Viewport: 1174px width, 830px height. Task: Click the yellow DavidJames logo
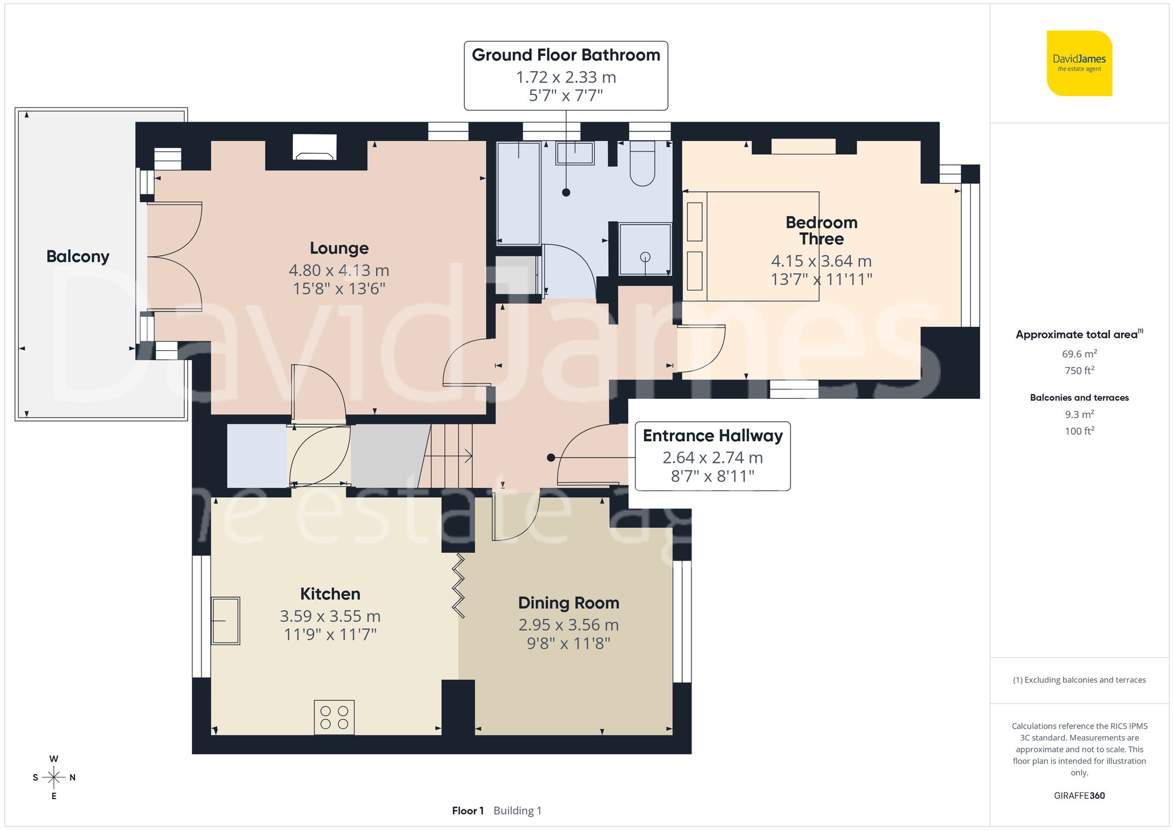click(x=1079, y=63)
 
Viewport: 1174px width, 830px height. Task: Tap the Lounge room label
click(x=339, y=248)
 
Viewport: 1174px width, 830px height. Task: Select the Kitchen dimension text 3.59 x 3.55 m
click(x=330, y=616)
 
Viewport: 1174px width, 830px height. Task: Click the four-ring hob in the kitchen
click(x=334, y=717)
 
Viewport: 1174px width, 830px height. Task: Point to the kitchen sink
click(x=225, y=621)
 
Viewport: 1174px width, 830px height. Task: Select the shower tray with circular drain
click(x=645, y=249)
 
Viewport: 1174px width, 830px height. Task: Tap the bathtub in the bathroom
click(x=518, y=194)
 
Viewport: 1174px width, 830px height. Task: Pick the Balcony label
click(x=77, y=256)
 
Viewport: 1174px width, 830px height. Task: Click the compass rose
click(x=53, y=778)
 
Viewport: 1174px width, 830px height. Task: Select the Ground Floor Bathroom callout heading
click(x=566, y=55)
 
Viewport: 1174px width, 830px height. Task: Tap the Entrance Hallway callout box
click(x=713, y=456)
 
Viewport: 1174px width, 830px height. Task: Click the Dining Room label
click(x=568, y=603)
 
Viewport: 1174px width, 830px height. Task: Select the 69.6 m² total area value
click(x=1079, y=354)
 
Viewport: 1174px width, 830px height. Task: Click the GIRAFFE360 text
click(x=1079, y=795)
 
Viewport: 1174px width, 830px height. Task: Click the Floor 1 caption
click(x=467, y=811)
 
